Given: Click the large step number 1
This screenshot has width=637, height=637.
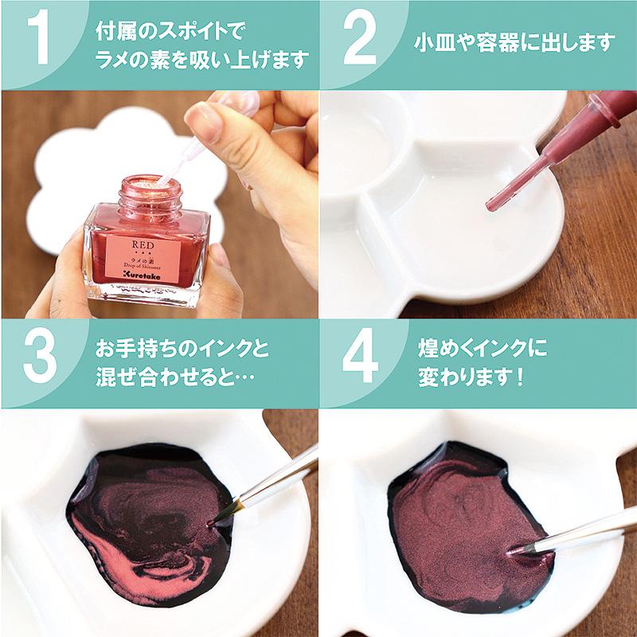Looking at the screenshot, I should [39, 41].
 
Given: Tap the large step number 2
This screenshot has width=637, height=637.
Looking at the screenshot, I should [359, 41].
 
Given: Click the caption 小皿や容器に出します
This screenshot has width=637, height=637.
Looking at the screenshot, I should [516, 41].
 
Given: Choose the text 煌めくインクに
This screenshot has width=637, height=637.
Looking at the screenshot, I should [482, 349].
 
